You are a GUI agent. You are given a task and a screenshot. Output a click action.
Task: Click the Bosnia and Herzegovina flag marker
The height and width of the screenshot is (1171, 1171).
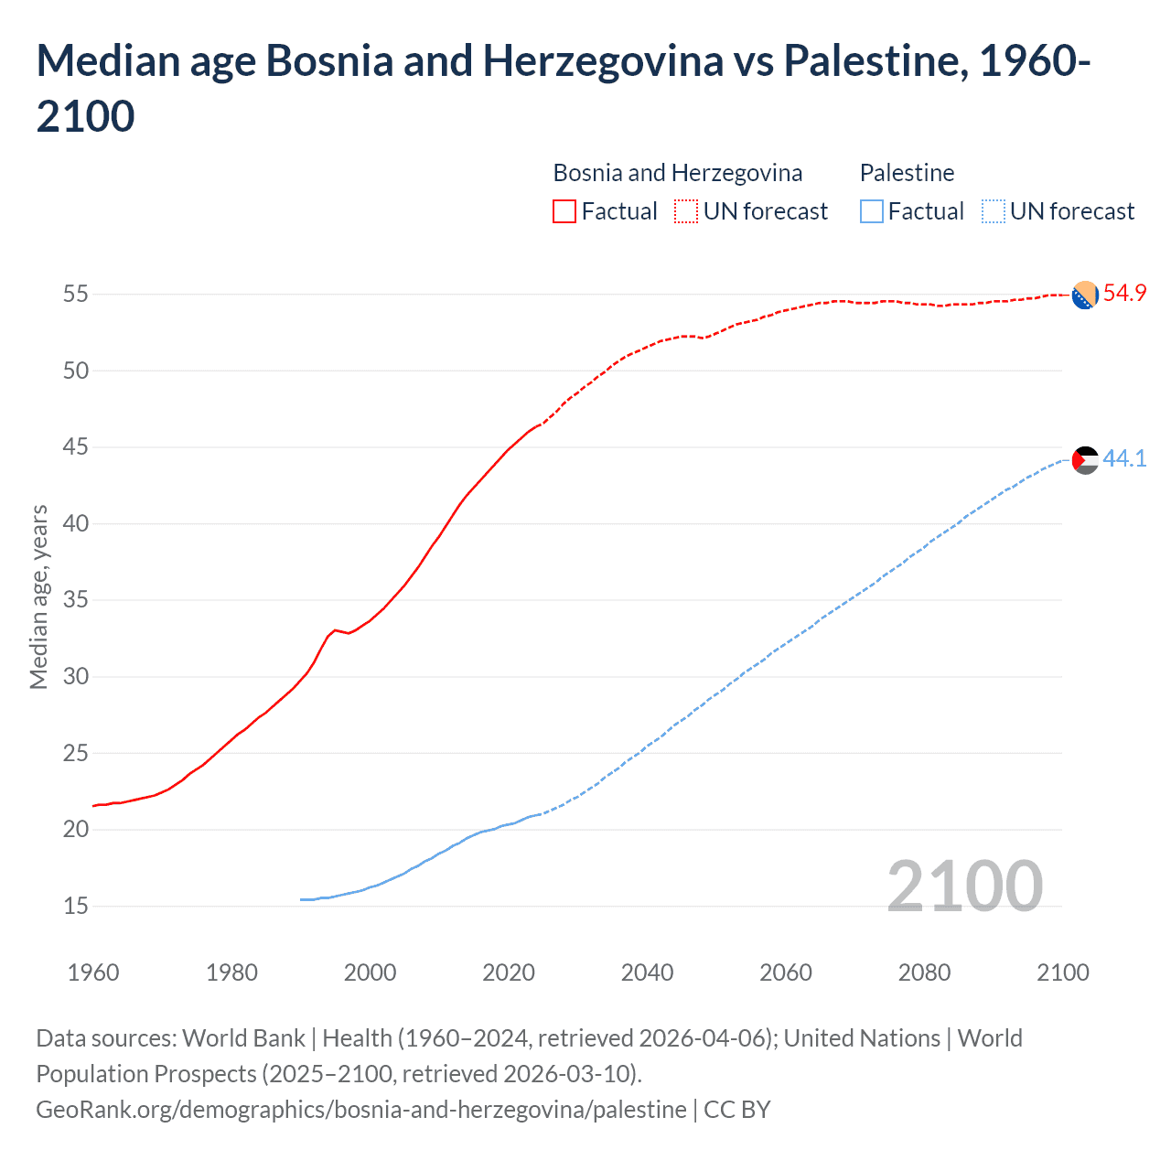1085,295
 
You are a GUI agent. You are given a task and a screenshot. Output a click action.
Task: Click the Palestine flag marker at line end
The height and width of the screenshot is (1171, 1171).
1085,460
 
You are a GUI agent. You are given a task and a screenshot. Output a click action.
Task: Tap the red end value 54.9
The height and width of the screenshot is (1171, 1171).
1124,294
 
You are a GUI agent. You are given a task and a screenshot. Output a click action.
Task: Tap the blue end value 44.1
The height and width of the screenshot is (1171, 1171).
1124,458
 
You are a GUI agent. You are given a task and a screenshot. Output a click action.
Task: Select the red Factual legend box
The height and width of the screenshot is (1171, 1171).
564,211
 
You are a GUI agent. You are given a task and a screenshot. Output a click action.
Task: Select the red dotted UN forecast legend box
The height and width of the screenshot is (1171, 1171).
686,211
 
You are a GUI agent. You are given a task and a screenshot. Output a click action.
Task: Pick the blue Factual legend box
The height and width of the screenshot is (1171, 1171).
872,211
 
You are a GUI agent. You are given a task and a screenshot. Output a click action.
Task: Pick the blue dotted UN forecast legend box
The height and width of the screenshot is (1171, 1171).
993,211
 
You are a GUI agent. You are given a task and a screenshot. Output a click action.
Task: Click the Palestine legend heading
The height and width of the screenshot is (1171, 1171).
907,173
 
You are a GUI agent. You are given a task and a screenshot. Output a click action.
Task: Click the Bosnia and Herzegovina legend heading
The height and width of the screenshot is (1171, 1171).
677,173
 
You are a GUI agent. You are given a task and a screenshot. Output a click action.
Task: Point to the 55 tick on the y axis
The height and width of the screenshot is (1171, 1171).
76,295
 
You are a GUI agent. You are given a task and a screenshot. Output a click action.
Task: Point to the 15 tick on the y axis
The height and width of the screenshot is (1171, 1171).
76,906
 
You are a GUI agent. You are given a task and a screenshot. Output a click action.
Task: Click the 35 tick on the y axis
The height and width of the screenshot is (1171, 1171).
76,600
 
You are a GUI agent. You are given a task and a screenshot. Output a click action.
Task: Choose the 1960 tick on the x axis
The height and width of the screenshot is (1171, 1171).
93,972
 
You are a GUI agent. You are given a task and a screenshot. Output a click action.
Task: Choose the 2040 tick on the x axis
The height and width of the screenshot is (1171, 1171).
647,972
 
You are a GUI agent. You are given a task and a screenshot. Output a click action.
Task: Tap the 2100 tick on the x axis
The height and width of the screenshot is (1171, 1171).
1062,972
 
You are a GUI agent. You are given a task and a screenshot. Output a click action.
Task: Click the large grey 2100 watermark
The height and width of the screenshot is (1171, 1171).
964,886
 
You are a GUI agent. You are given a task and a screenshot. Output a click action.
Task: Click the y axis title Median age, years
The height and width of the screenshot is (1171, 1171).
38,596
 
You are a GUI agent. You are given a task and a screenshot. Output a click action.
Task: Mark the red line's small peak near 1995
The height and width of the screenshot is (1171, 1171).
335,629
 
